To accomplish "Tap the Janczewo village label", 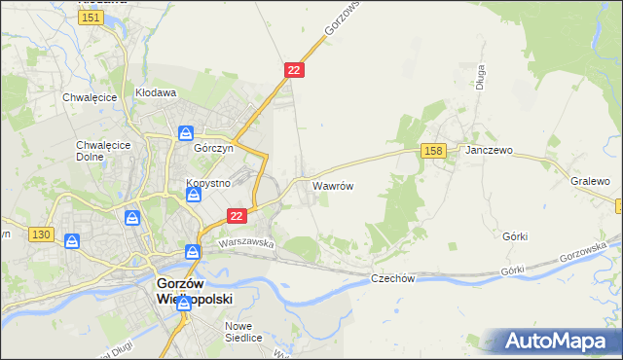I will click(489, 151).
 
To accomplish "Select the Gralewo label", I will click(590, 182).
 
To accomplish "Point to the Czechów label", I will click(393, 278).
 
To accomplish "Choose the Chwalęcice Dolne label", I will click(96, 151).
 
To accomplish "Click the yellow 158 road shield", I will click(434, 150).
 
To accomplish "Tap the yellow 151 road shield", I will click(92, 18).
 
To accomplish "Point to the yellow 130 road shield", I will click(40, 234).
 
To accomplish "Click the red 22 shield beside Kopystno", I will click(237, 215).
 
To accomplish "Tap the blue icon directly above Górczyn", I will click(185, 134).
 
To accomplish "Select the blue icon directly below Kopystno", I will click(194, 196).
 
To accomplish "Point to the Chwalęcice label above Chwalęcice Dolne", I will click(90, 97).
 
